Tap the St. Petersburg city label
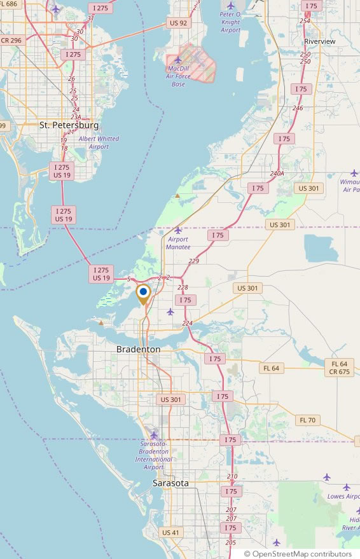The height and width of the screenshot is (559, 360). tap(69, 125)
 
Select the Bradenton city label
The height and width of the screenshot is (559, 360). tap(138, 350)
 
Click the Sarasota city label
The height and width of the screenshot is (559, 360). tap(170, 483)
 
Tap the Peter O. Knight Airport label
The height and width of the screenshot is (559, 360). tap(230, 22)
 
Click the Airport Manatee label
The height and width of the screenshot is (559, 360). tap(178, 242)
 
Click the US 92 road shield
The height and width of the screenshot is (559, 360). tap(179, 23)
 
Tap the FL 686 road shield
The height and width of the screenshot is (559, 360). tap(9, 4)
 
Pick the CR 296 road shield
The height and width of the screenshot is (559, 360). tap(11, 40)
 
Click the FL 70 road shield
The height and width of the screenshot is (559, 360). tap(307, 420)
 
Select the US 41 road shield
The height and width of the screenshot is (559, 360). tap(170, 532)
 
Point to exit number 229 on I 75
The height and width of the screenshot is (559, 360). tap(194, 261)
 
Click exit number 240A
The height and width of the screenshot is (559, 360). tap(276, 173)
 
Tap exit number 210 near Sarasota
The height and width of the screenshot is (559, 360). tap(232, 476)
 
